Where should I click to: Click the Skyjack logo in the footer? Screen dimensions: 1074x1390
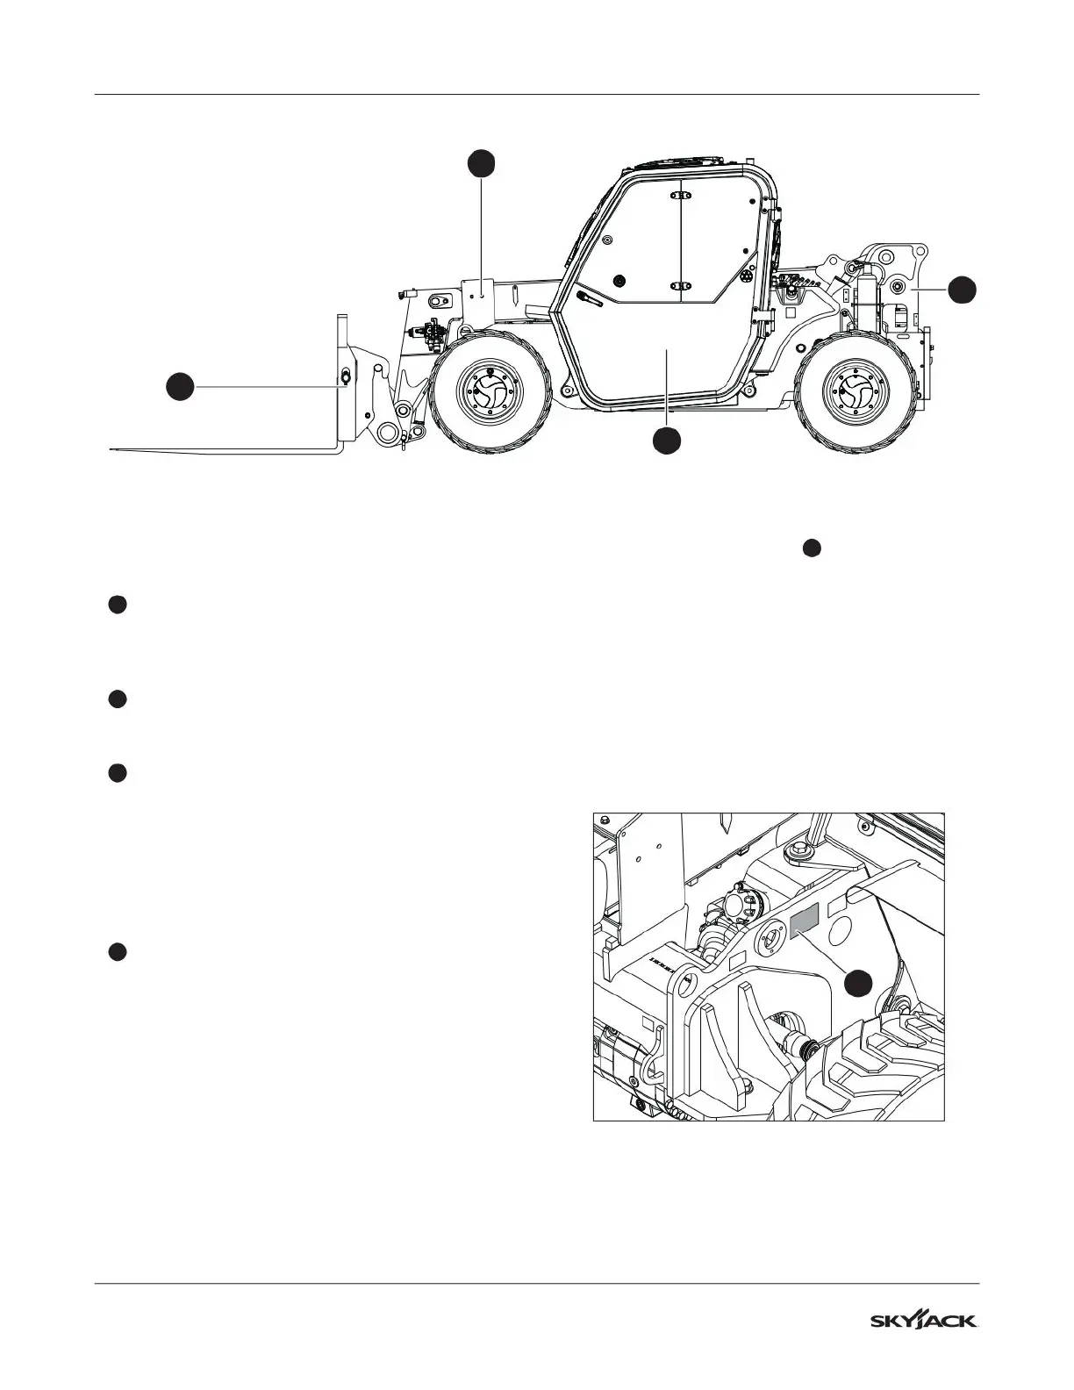click(x=924, y=1321)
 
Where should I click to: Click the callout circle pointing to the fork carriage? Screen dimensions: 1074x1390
click(x=181, y=386)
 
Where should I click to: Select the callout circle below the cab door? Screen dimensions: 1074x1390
click(x=667, y=441)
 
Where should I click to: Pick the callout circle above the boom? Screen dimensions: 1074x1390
click(x=481, y=163)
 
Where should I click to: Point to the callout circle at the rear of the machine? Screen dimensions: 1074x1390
click(x=963, y=290)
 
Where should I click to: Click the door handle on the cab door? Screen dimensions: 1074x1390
click(x=591, y=300)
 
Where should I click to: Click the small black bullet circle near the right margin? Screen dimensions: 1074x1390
click(x=812, y=548)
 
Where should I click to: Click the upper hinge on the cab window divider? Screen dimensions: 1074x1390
click(x=681, y=196)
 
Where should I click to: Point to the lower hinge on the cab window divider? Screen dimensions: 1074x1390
click(x=681, y=285)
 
